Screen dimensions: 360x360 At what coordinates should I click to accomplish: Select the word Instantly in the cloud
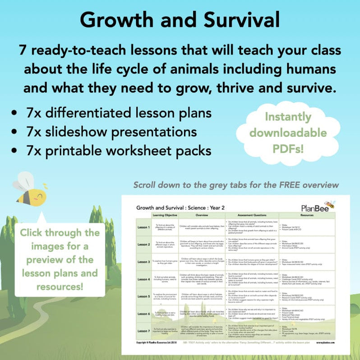click(295, 117)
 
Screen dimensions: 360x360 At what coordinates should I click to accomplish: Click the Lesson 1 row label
click(143, 227)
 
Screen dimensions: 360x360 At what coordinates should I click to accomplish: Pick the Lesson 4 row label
click(143, 279)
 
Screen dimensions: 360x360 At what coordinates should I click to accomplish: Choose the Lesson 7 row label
click(143, 331)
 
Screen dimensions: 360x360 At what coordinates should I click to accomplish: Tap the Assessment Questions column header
click(252, 215)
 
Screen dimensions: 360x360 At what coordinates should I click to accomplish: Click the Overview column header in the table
click(203, 215)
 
